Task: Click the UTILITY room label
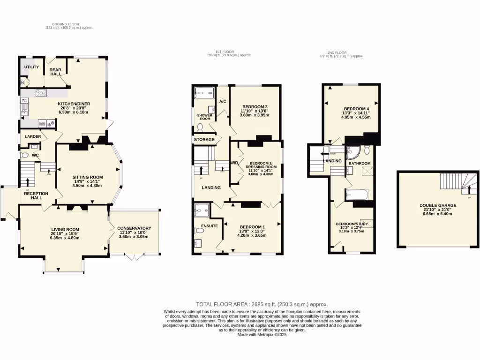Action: (x=31, y=67)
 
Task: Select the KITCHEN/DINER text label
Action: (x=74, y=104)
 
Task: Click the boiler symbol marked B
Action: (x=22, y=83)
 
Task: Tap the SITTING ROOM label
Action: (x=88, y=177)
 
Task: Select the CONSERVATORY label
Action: (x=134, y=228)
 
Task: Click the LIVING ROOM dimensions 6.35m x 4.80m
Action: (x=65, y=238)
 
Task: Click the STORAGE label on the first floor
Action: (x=204, y=140)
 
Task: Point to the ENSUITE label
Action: (x=209, y=226)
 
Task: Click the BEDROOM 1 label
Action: (x=253, y=226)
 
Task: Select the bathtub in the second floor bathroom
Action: (x=357, y=195)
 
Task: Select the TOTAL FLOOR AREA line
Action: (x=262, y=304)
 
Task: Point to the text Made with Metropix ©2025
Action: (x=262, y=335)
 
